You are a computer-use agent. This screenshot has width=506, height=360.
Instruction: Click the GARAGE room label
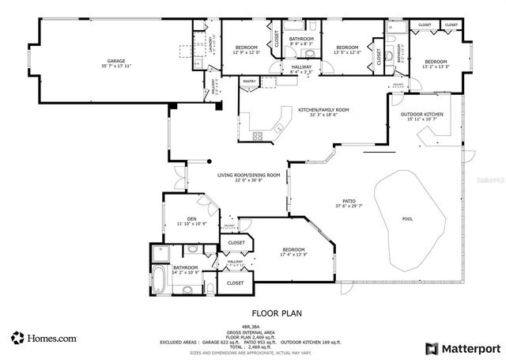point(117,60)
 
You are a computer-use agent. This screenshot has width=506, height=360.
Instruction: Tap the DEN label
point(191,218)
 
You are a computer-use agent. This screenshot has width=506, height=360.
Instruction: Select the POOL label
point(407,219)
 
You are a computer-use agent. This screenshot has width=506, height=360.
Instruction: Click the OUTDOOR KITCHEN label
point(421,114)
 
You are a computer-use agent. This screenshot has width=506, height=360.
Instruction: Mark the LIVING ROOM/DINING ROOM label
point(249,175)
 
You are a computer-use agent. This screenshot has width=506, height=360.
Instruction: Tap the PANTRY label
point(249,81)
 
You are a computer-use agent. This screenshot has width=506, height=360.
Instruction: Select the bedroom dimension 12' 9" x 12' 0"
point(247,53)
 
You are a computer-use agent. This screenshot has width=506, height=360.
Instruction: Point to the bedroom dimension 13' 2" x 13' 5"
point(436,67)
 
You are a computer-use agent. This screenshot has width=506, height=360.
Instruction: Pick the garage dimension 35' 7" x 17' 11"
point(117,66)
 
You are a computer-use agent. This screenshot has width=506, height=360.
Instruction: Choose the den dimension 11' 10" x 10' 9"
point(191,224)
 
